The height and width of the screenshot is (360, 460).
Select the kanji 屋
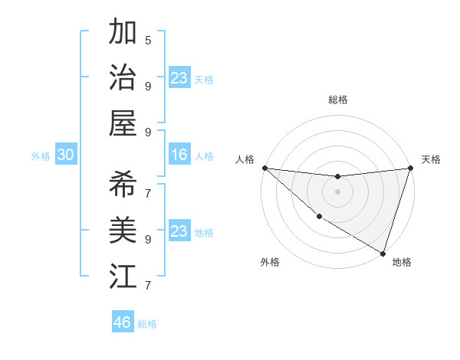(x=123, y=123)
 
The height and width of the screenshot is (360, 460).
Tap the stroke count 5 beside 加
(x=148, y=40)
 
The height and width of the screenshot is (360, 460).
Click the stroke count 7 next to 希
(x=148, y=192)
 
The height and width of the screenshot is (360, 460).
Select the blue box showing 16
(x=179, y=155)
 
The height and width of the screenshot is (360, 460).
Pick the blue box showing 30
(x=65, y=155)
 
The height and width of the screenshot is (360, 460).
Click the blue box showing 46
(x=123, y=322)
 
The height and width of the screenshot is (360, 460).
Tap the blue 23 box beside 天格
(x=179, y=78)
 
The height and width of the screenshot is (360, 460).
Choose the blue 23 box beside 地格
(x=179, y=231)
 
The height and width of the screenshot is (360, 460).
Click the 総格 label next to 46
(x=147, y=324)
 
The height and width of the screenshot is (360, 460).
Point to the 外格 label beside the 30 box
(x=41, y=156)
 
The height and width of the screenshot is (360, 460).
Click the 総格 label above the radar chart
(x=337, y=100)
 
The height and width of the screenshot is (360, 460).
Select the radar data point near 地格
(x=383, y=253)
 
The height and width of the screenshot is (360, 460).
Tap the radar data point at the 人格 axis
(x=264, y=168)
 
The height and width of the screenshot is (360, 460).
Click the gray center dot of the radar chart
(x=337, y=191)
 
